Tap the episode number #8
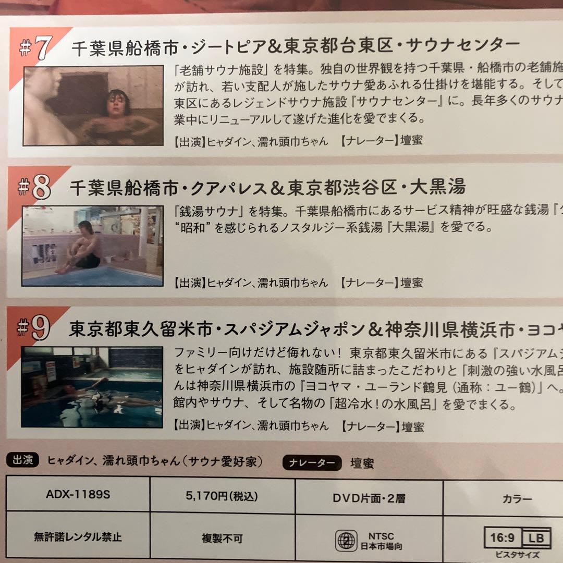(36, 188)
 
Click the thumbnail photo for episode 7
(93, 105)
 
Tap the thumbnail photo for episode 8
(92, 246)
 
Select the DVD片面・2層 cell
(369, 498)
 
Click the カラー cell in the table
(517, 499)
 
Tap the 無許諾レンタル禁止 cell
(78, 536)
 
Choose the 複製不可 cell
(222, 538)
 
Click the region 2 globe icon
(346, 541)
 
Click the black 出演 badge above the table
(23, 460)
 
